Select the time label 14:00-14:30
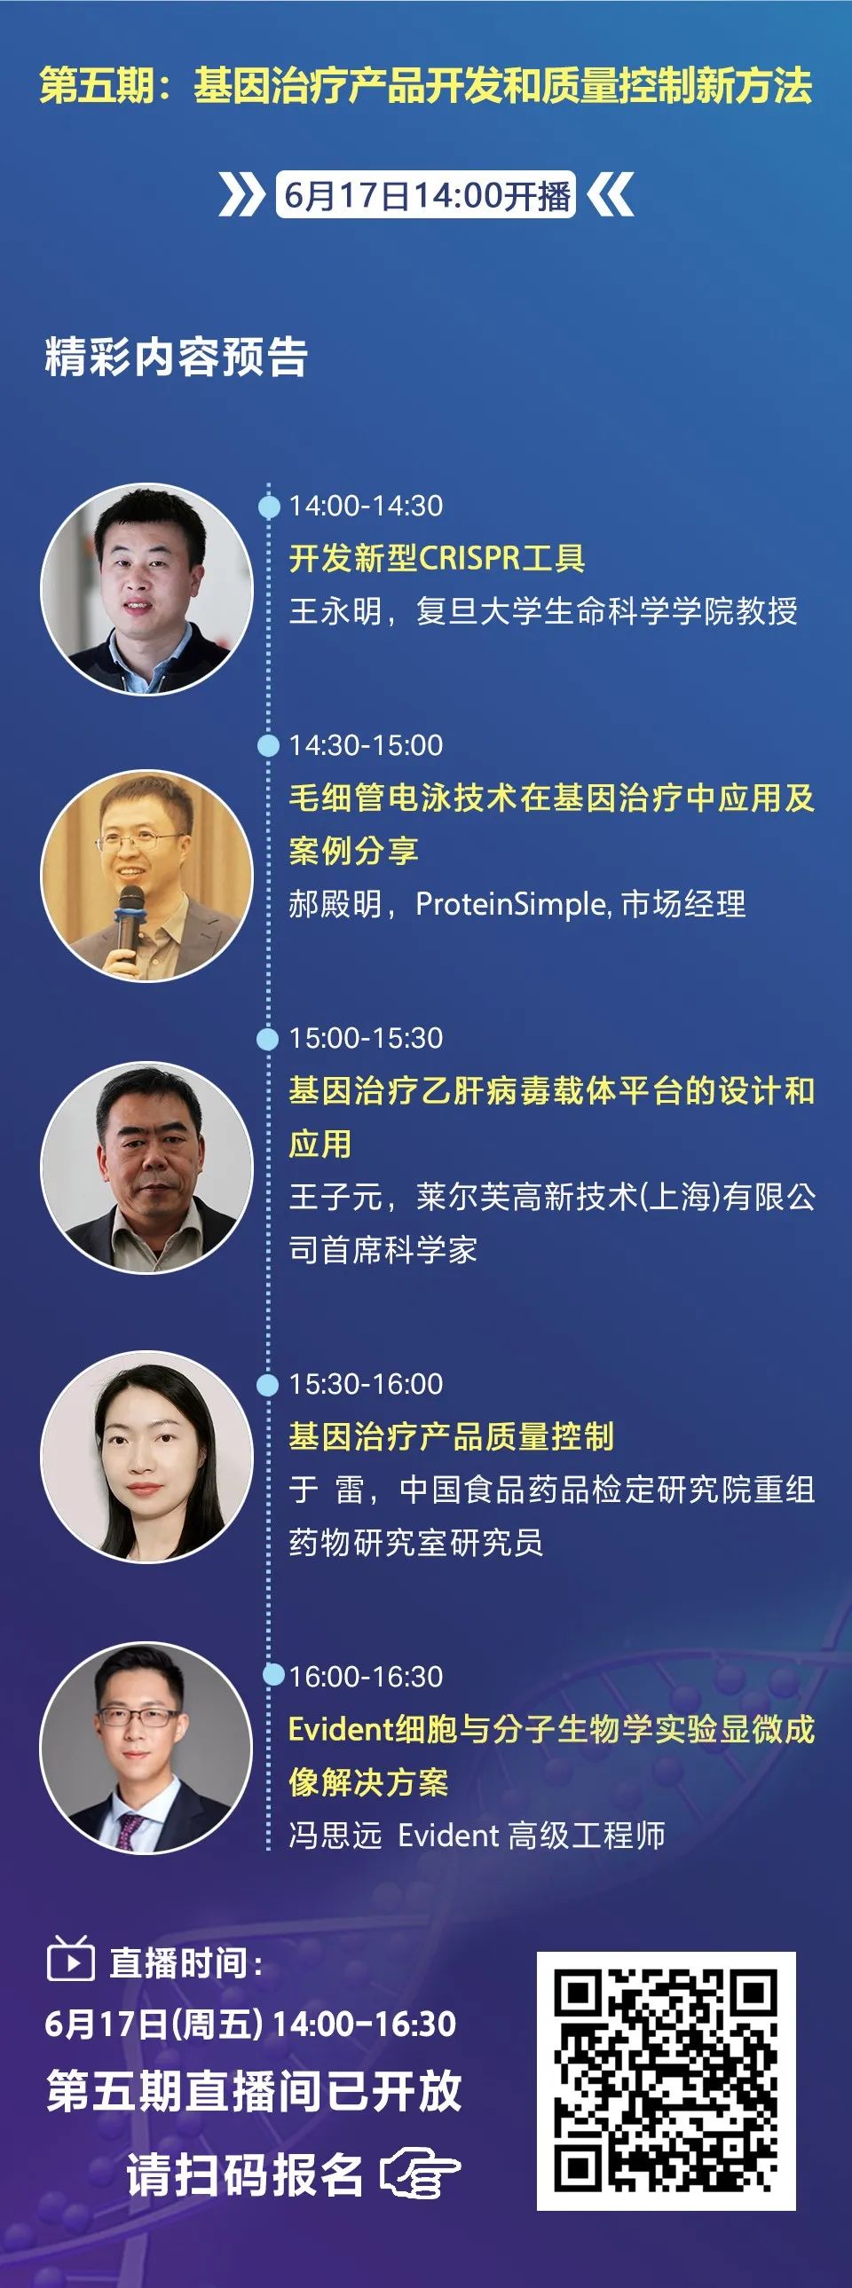click(366, 507)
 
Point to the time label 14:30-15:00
click(366, 745)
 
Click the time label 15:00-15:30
click(366, 1038)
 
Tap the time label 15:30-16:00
click(366, 1384)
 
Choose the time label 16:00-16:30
click(366, 1677)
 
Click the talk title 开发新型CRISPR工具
click(438, 559)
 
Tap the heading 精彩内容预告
click(176, 357)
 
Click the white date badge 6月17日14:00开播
click(427, 194)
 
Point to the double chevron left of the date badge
click(241, 194)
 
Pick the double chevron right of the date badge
click(611, 194)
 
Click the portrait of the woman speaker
click(147, 1457)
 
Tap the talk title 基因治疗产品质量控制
click(452, 1436)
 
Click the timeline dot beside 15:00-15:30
click(267, 1038)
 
